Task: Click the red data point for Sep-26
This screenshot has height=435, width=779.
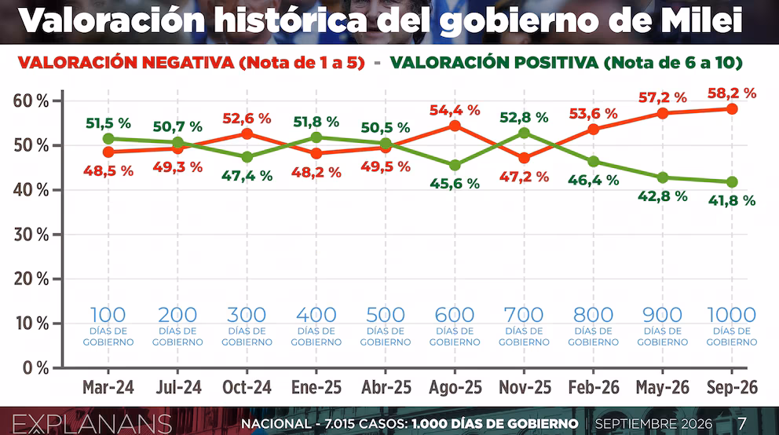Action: coord(731,108)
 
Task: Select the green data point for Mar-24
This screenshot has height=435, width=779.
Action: coord(108,138)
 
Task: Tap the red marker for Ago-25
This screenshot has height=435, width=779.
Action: coord(455,126)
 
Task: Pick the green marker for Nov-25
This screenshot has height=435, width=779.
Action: coord(524,133)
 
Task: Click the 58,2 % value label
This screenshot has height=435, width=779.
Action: coord(731,93)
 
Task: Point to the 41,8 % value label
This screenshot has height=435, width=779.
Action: coord(731,200)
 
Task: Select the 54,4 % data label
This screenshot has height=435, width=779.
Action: coord(455,110)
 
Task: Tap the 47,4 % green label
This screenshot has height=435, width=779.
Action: coord(247,175)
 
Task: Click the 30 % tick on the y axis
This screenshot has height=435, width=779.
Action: coord(31,235)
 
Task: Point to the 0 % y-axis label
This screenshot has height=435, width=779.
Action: coord(36,368)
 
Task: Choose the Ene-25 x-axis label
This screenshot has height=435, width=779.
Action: coord(316,387)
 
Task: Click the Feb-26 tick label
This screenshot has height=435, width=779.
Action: coord(594,387)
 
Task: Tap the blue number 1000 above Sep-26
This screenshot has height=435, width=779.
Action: coord(731,315)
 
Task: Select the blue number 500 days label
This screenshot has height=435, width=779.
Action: coord(386,315)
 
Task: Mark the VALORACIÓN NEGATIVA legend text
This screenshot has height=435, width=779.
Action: coord(126,63)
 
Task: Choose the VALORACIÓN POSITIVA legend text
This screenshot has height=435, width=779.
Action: coord(494,63)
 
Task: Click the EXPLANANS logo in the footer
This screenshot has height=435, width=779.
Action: coord(93,424)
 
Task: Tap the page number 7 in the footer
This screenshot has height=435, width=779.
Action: coord(742,423)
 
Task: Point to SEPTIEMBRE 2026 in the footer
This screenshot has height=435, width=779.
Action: coord(654,423)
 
